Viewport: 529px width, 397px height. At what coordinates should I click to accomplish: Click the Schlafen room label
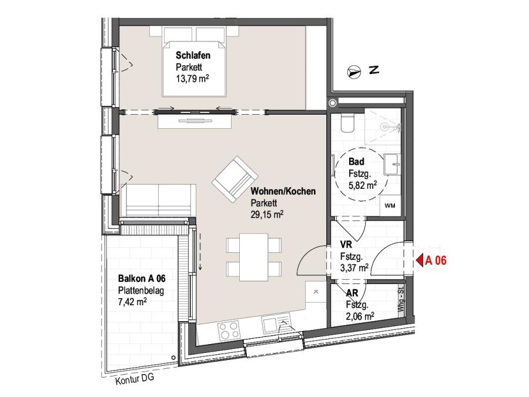(193, 55)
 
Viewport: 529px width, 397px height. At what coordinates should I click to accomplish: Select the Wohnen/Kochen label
(283, 191)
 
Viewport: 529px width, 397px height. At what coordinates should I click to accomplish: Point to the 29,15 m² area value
(267, 214)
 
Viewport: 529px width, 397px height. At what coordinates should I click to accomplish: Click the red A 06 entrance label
(436, 261)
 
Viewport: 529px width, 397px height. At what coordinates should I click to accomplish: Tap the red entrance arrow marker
(420, 261)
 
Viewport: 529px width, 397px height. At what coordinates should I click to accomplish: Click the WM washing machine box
(390, 205)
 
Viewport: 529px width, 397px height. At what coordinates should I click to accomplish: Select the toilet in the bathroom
(347, 122)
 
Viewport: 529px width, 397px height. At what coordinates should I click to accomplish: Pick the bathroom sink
(393, 165)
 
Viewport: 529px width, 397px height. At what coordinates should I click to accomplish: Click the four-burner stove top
(229, 331)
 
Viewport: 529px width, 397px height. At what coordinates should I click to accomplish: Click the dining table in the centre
(254, 257)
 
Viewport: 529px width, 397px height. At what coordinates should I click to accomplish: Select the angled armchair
(235, 179)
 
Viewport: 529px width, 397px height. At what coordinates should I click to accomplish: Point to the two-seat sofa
(159, 200)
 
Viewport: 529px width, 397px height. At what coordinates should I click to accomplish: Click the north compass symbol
(354, 72)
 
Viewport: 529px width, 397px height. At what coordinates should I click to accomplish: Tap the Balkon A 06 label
(142, 279)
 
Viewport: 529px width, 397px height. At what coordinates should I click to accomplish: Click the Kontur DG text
(135, 379)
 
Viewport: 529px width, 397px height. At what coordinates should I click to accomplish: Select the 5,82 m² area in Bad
(363, 185)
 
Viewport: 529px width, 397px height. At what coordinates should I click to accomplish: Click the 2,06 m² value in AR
(360, 316)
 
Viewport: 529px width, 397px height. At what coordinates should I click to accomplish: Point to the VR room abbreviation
(346, 244)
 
